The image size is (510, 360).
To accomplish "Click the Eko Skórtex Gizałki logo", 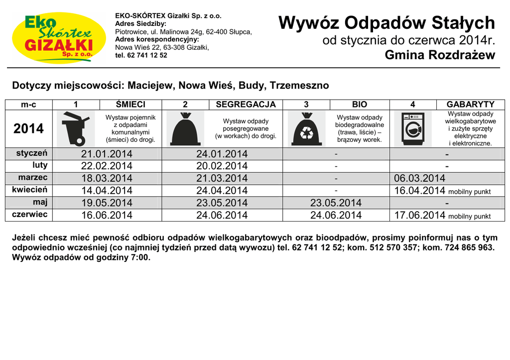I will pos(59,37).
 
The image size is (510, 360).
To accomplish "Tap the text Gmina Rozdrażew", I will pos(440,55).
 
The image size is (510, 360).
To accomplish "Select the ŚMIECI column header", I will pos(130,105).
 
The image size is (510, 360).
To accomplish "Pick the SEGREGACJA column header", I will pos(246,105).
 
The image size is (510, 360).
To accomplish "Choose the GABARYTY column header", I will pos(471,105).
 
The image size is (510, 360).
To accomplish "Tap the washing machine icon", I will pos(413,128).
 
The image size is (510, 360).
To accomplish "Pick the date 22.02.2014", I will pos(107,166).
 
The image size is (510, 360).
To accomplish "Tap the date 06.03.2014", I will pos(419,178).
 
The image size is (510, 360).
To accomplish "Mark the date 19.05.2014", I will pos(107,203).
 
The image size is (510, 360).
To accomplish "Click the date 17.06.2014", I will pos(419,215).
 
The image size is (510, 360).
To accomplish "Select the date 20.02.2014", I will pos(222,166).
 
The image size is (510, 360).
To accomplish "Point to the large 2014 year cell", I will pos(29,128).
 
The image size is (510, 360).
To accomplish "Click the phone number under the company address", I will pos(141,55).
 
